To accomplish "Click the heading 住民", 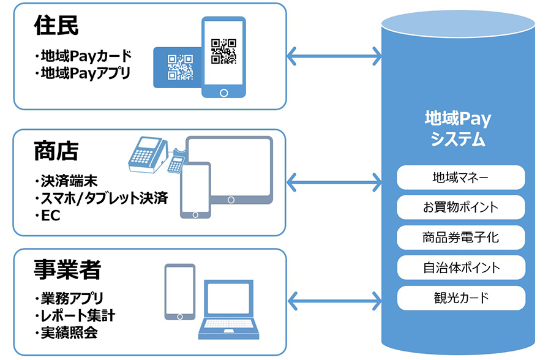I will (x=57, y=26).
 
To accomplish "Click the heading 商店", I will (x=57, y=151).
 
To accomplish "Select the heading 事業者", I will (x=68, y=270).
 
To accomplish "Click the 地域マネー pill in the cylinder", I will (x=460, y=178).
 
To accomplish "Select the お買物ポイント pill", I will (x=460, y=207).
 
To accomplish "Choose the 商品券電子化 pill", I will (x=460, y=237).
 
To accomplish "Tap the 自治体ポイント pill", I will (x=460, y=268).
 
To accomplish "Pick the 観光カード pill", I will (x=460, y=298).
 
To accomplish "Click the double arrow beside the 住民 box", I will (x=334, y=56).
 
